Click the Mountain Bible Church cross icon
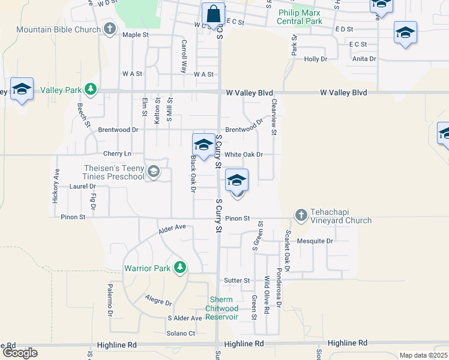click(109, 29)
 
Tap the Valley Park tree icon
click(91, 90)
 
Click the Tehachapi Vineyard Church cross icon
click(301, 215)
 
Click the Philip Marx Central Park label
click(300, 17)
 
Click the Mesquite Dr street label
click(318, 241)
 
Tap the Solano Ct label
click(181, 333)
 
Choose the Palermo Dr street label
click(110, 300)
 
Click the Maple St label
click(135, 35)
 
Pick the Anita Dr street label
click(364, 59)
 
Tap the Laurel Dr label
click(83, 187)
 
